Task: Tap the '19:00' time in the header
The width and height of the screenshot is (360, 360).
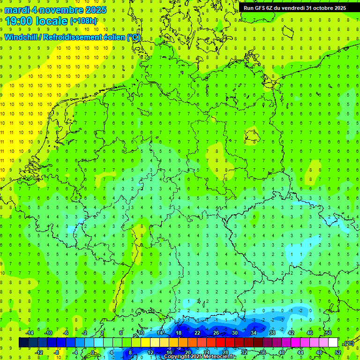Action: pyautogui.click(x=21, y=21)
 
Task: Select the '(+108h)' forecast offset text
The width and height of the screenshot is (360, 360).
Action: pyautogui.click(x=83, y=21)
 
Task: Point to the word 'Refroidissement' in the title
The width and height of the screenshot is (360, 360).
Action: pyautogui.click(x=75, y=37)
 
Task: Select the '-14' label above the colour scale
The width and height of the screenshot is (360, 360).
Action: pyautogui.click(x=30, y=333)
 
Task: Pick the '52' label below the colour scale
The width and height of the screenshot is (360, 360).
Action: pyautogui.click(x=337, y=352)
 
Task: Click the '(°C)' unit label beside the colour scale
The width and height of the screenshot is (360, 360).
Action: pyautogui.click(x=348, y=343)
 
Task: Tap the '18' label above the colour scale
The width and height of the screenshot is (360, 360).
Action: pyautogui.click(x=179, y=333)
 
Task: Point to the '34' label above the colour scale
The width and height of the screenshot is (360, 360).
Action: pyautogui.click(x=253, y=333)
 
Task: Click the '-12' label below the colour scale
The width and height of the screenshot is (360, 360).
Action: pyautogui.click(x=39, y=352)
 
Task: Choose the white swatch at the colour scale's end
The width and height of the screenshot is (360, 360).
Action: pyautogui.click(x=333, y=343)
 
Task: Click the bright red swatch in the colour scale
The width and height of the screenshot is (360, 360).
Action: pyautogui.click(x=220, y=343)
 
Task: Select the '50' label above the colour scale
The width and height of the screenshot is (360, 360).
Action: pyautogui.click(x=329, y=333)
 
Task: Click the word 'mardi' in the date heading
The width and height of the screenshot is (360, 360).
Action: pyautogui.click(x=17, y=10)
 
